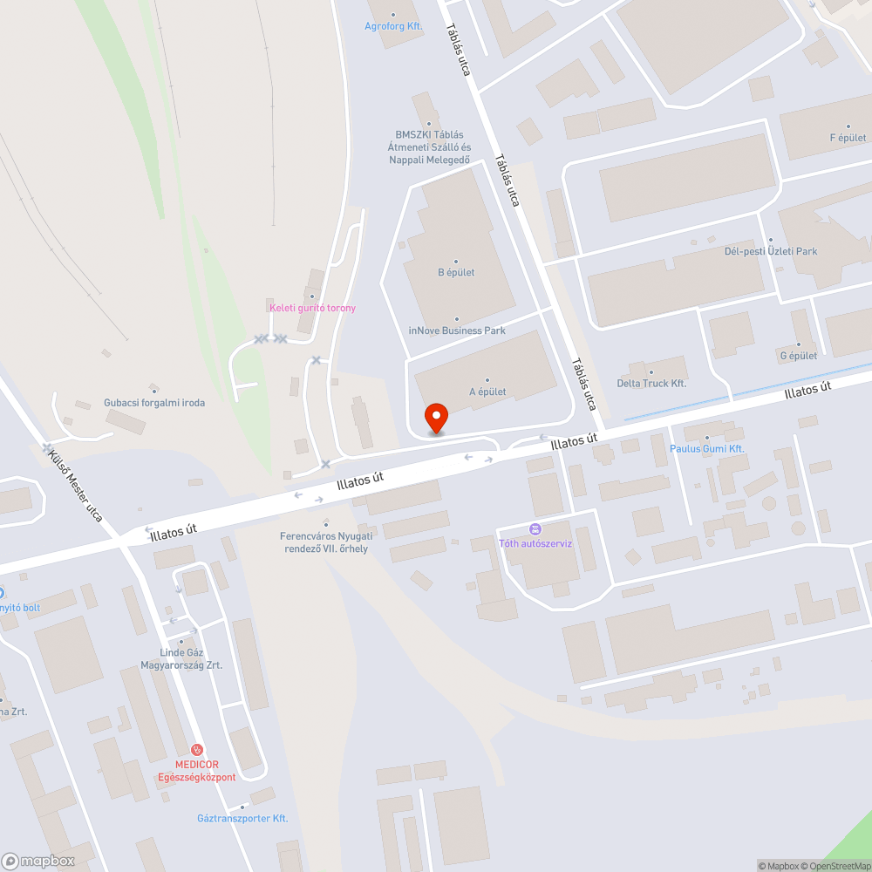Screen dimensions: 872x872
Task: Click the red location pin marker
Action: pos(435,419)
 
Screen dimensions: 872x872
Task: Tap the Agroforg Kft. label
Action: pos(393,26)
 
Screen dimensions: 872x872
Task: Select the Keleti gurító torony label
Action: pos(312,308)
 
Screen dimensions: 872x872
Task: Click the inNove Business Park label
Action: pos(457,330)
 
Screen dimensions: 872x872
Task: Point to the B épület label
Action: pos(456,272)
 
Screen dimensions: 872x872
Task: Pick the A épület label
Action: pos(487,392)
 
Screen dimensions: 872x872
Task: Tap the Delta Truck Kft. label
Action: pos(651,383)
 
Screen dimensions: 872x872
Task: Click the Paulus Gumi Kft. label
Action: pos(706,448)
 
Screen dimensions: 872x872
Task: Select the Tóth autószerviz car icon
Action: pos(535,528)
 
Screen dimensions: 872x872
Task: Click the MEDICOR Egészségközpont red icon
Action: pos(198,749)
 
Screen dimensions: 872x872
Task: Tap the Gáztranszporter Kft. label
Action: pos(242,818)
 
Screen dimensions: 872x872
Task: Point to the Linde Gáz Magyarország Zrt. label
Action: pos(181,658)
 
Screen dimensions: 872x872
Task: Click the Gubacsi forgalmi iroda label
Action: pos(154,402)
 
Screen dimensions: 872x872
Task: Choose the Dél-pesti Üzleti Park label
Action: pos(771,251)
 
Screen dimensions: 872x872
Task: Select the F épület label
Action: pos(848,138)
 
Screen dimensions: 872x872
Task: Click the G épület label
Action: pos(798,356)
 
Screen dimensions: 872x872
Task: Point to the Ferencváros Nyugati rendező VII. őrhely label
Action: pos(324,542)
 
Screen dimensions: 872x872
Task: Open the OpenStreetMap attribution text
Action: pos(835,866)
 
